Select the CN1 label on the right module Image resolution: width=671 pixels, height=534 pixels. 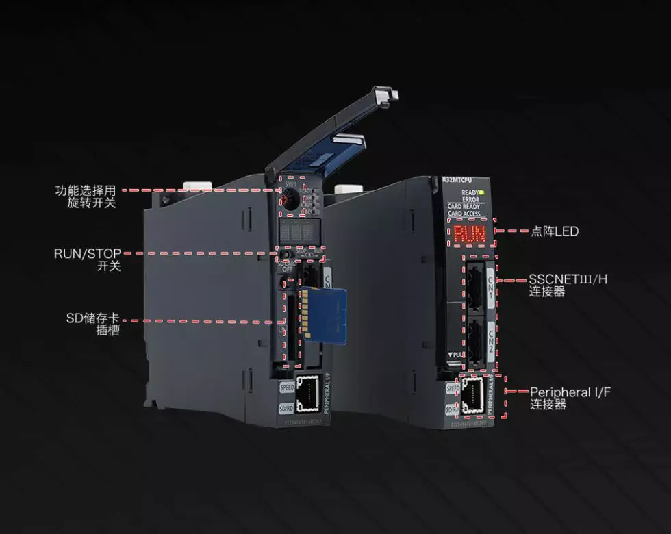click(490, 281)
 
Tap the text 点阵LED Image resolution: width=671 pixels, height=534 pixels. click(555, 231)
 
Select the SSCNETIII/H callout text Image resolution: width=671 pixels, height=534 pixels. click(568, 279)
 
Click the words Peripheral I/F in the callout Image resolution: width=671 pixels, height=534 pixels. click(570, 392)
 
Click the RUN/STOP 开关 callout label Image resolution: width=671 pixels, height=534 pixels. click(88, 259)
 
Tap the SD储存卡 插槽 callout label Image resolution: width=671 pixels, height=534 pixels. click(92, 324)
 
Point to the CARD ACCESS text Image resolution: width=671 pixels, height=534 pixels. click(464, 214)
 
